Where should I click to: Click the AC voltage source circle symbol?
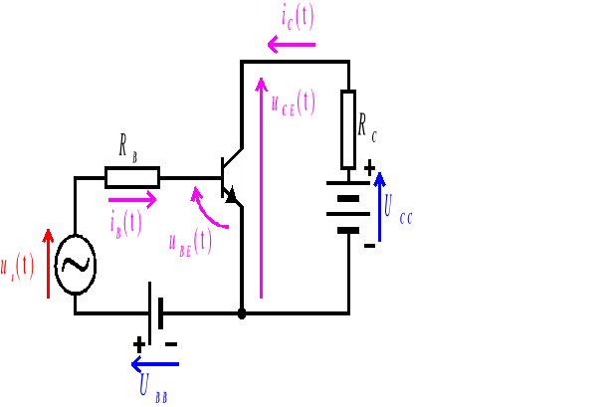click(75, 264)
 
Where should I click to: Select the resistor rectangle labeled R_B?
click(131, 178)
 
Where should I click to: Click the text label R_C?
click(367, 126)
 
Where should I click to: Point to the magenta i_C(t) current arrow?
click(292, 44)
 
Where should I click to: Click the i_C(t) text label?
click(299, 17)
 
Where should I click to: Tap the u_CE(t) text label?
click(293, 102)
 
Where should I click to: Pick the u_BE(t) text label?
click(189, 242)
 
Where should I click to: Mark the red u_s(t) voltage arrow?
click(48, 264)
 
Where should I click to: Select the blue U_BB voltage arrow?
click(155, 364)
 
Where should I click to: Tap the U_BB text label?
click(153, 388)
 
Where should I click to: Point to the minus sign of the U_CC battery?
click(369, 245)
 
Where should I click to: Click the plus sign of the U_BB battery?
click(138, 343)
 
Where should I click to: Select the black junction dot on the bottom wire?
click(242, 313)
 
